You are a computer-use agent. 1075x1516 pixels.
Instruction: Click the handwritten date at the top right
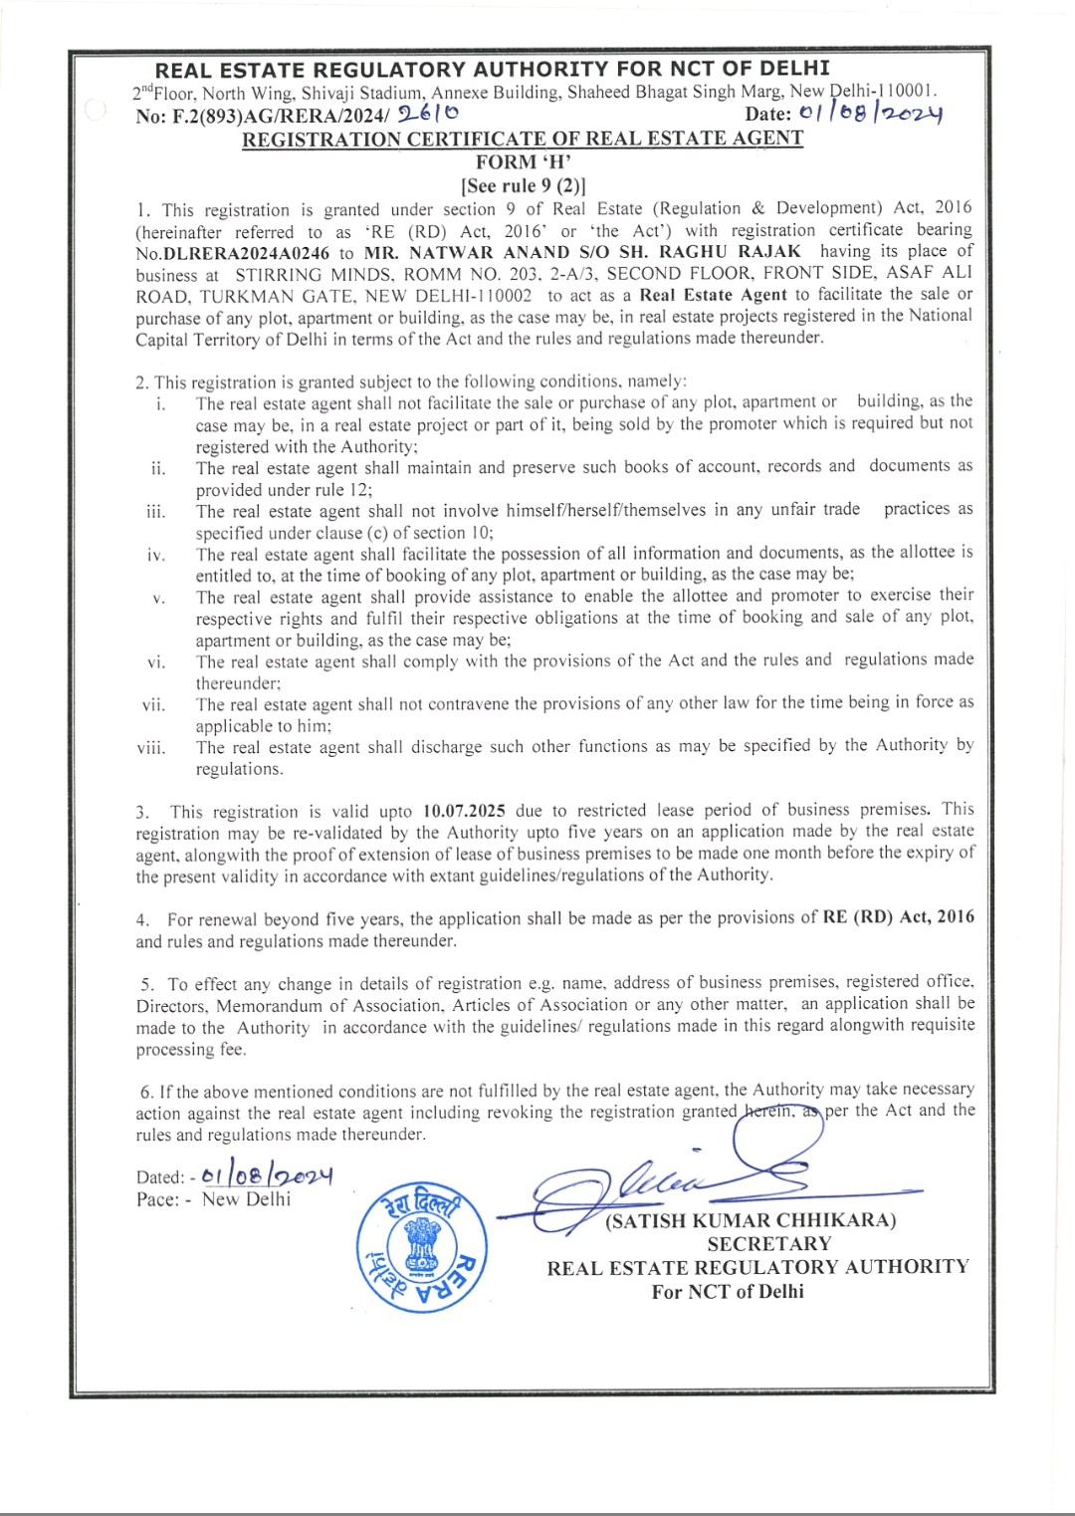point(870,115)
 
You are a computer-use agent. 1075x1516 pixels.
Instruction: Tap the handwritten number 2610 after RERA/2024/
point(428,116)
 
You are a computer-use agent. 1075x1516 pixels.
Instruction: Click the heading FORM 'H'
point(523,162)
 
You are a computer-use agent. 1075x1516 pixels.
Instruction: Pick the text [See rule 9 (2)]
point(523,185)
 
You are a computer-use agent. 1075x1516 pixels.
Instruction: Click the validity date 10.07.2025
point(465,811)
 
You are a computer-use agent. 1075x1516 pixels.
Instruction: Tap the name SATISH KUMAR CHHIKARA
point(752,1220)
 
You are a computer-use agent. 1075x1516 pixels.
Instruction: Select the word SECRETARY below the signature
point(768,1244)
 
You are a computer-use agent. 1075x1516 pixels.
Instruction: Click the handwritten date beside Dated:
point(267,1175)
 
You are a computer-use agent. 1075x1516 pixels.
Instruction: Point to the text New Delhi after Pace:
point(246,1199)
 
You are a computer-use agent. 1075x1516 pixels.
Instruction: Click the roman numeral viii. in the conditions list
point(152,748)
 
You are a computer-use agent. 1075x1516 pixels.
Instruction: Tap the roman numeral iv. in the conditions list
point(156,555)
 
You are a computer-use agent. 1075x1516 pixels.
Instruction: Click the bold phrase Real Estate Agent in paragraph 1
point(713,295)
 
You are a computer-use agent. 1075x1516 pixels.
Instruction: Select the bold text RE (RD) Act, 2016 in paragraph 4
point(899,917)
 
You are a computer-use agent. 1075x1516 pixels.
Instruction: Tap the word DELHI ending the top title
point(794,69)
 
